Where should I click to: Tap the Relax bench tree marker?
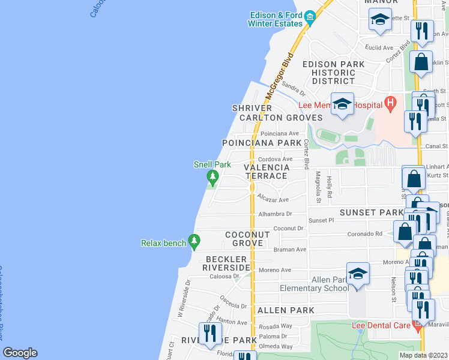[193, 241]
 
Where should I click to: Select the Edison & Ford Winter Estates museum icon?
[310, 16]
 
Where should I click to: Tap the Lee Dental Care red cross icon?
[417, 327]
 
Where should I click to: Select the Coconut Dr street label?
[289, 228]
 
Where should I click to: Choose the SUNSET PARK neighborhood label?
[372, 212]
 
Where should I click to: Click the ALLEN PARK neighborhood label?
[285, 310]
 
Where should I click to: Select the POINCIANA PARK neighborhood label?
[261, 143]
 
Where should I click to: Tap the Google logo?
[20, 353]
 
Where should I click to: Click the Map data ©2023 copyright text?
[423, 355]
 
